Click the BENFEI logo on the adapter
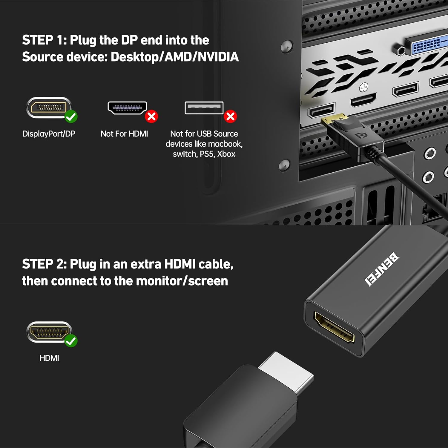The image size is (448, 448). click(x=381, y=269)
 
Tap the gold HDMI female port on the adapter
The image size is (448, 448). click(x=334, y=327)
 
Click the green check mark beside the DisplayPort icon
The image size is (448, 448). click(x=71, y=116)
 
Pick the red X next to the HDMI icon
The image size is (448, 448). click(x=151, y=116)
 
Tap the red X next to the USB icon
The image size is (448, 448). click(x=231, y=116)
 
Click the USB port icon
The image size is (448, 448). click(x=204, y=108)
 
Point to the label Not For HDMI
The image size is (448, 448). click(x=124, y=134)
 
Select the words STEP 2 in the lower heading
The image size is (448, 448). click(x=42, y=264)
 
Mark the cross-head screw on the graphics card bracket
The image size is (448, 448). click(x=363, y=88)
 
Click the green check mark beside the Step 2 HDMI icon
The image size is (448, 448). click(x=71, y=341)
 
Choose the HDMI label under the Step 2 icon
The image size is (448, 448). click(x=49, y=358)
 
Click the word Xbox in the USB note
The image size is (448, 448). click(x=226, y=154)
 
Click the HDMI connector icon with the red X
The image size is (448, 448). click(x=128, y=108)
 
